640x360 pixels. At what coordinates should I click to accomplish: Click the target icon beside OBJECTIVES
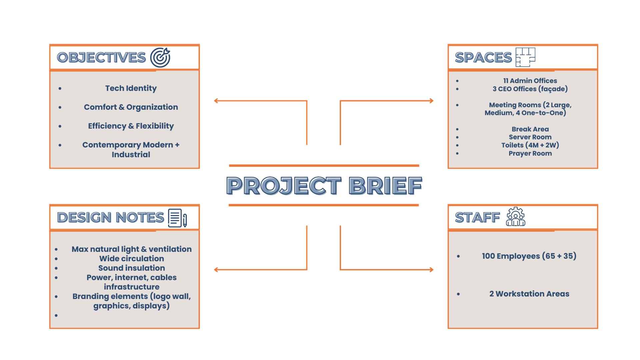coord(160,57)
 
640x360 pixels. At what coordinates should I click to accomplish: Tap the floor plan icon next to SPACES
coord(525,57)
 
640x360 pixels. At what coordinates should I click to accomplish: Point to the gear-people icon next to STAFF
coord(515,217)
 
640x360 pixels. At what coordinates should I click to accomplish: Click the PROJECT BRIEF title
coord(324,185)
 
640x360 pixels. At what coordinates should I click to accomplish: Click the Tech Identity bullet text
coord(131,88)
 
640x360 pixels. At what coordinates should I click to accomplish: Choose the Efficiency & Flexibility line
coord(131,126)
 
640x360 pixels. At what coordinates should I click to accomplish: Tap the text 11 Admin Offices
coord(530,81)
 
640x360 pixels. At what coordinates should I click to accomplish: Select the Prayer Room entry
coord(530,153)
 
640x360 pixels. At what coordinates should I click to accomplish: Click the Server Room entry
coord(530,137)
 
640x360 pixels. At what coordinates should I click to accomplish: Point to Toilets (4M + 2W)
coord(530,145)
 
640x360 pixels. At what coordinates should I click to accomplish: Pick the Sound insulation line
coord(132,268)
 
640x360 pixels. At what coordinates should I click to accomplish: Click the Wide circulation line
coord(132,259)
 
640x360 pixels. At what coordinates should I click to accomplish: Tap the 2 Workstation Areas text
coord(529,294)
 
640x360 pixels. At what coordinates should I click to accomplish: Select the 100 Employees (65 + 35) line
coord(529,256)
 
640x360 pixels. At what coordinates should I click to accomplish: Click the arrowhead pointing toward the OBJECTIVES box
coord(216,101)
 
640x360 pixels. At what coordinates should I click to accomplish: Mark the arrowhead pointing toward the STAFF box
coord(431,270)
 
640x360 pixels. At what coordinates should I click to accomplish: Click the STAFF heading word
coord(477,218)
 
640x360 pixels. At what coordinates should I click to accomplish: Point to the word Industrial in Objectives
coord(131,155)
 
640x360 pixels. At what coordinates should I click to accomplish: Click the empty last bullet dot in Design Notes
coord(56,315)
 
